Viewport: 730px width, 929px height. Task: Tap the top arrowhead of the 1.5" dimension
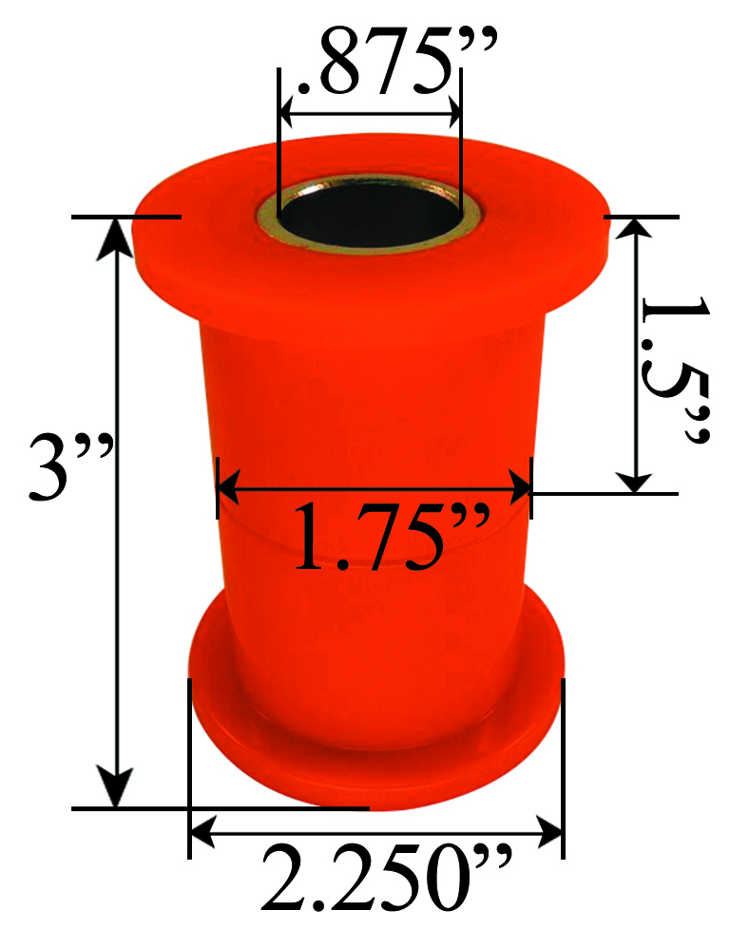click(x=635, y=231)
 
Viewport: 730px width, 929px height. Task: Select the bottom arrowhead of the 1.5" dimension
click(x=635, y=478)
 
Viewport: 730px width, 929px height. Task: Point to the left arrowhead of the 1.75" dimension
click(x=231, y=491)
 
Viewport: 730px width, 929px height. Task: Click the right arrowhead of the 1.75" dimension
click(x=518, y=491)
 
